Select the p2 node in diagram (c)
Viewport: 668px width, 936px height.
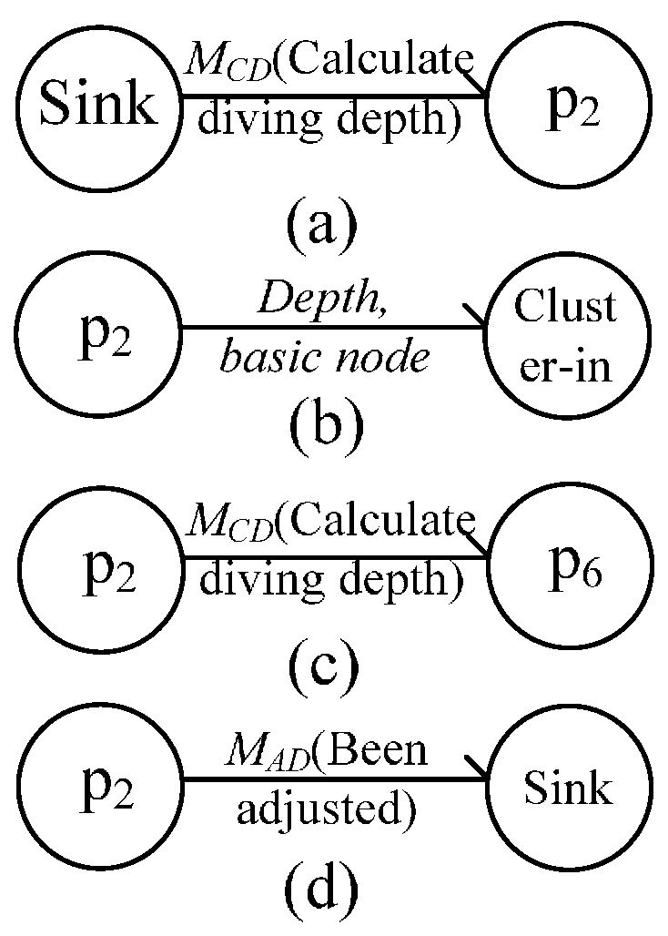pos(100,566)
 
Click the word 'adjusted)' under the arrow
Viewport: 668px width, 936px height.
pos(326,811)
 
